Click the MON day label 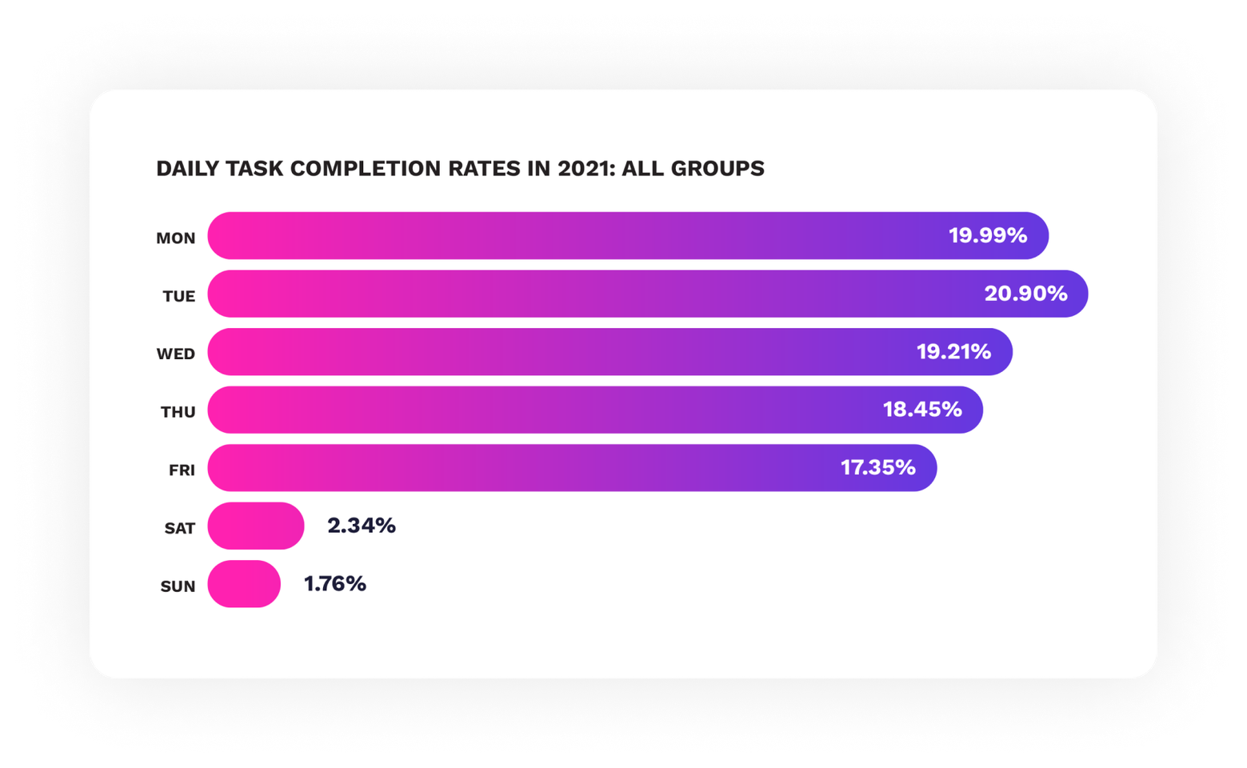[176, 238]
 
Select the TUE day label [179, 296]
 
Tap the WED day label [176, 354]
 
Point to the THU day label [178, 412]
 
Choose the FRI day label [182, 470]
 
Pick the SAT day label [180, 528]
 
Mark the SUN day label [178, 586]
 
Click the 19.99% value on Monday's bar [988, 235]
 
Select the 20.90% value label [1025, 294]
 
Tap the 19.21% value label [953, 351]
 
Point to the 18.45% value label [922, 410]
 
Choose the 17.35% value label [877, 467]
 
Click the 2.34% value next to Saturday [362, 526]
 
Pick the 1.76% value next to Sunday [335, 584]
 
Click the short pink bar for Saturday [256, 526]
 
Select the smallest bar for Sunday [244, 584]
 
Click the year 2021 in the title [583, 169]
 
